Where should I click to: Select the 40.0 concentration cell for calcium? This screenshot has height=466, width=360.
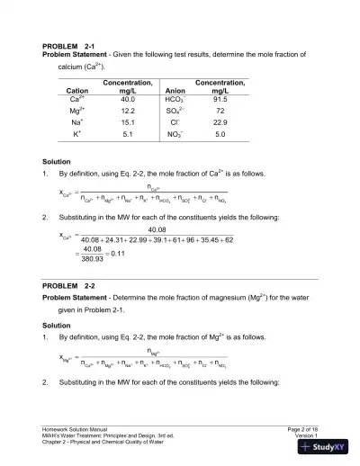(x=127, y=98)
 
